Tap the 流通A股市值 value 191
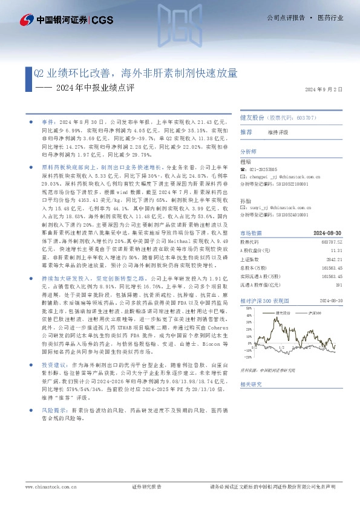(339, 283)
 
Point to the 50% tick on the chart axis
(248, 307)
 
